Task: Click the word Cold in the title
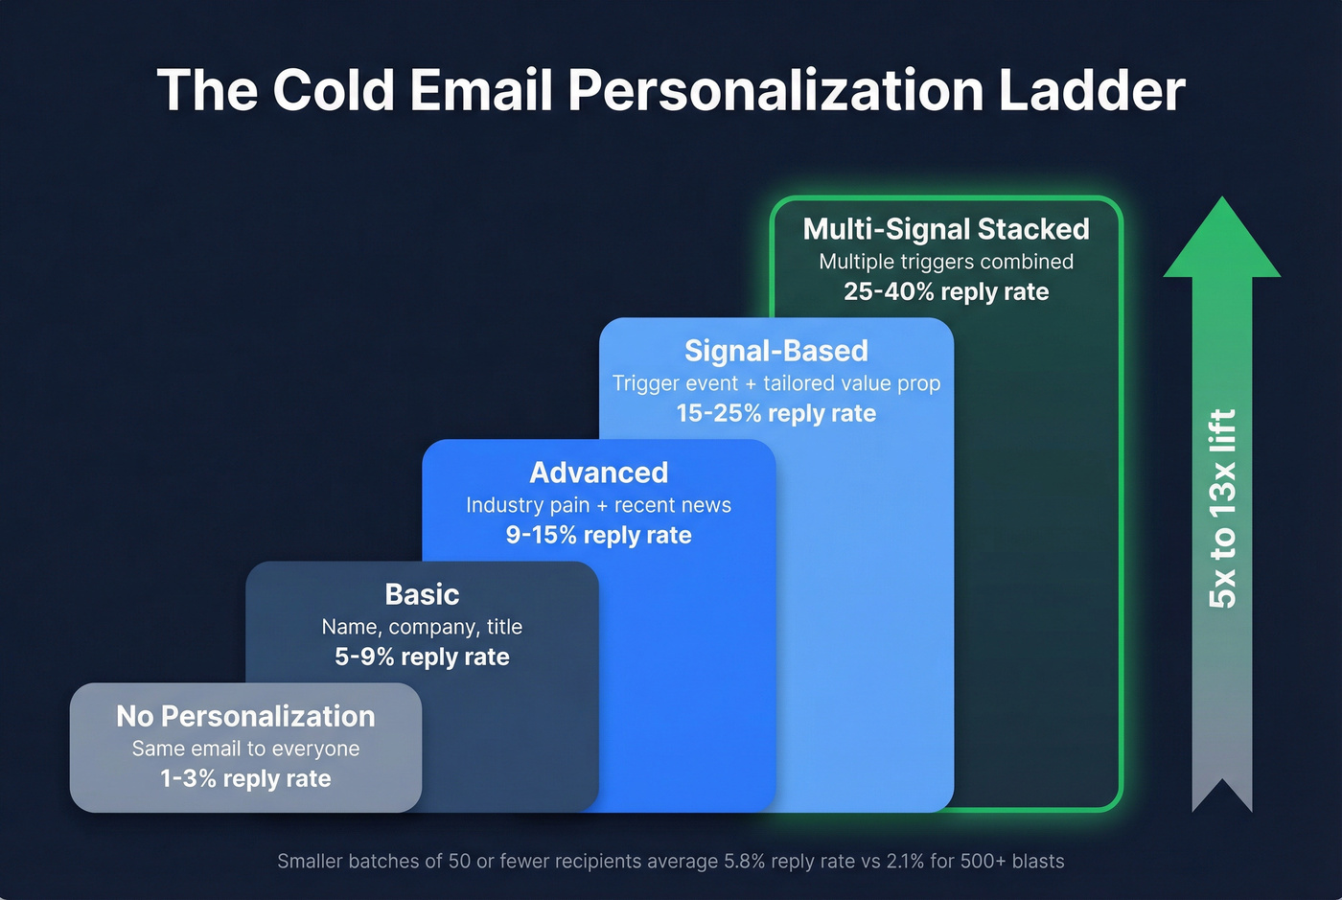(x=333, y=90)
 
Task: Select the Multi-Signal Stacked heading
(x=946, y=229)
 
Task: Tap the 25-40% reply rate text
(x=946, y=291)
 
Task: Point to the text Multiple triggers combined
(x=946, y=262)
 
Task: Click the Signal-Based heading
(x=776, y=351)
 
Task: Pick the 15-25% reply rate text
(x=776, y=413)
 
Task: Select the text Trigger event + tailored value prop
(x=776, y=383)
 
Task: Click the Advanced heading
(x=599, y=473)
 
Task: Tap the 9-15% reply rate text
(x=599, y=535)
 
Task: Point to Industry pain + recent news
(x=599, y=505)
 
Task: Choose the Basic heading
(x=422, y=594)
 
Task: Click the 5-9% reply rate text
(x=422, y=657)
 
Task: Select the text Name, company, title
(x=422, y=627)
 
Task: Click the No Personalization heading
(x=245, y=716)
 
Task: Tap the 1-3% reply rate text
(x=245, y=778)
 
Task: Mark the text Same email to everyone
(x=245, y=749)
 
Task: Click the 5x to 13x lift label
(x=1222, y=508)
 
